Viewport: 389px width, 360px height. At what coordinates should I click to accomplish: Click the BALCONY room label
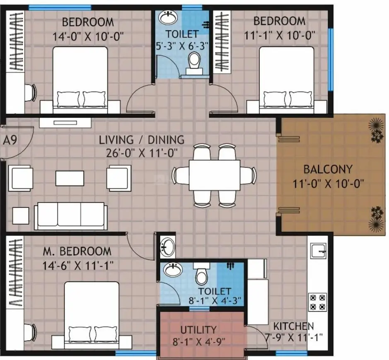click(x=328, y=169)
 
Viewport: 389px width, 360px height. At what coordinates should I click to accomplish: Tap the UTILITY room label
click(x=198, y=330)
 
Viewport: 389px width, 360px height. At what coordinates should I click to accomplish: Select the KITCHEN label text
click(x=293, y=326)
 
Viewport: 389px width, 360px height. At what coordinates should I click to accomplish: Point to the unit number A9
click(x=10, y=140)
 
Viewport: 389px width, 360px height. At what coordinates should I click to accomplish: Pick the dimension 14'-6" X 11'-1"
click(x=78, y=266)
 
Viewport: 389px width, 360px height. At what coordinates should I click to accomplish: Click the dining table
click(x=215, y=175)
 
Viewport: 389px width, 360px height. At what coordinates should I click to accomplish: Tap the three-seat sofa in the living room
click(x=71, y=216)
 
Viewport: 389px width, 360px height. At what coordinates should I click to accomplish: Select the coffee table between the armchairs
click(x=70, y=178)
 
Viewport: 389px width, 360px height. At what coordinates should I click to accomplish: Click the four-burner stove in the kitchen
click(x=318, y=302)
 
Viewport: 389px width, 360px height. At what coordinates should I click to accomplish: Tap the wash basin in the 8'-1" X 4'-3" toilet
click(x=173, y=269)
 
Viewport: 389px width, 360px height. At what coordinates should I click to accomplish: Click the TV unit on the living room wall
click(x=65, y=123)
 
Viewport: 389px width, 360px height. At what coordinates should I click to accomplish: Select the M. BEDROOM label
click(x=77, y=251)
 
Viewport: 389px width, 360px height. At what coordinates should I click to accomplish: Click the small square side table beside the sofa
click(x=21, y=215)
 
